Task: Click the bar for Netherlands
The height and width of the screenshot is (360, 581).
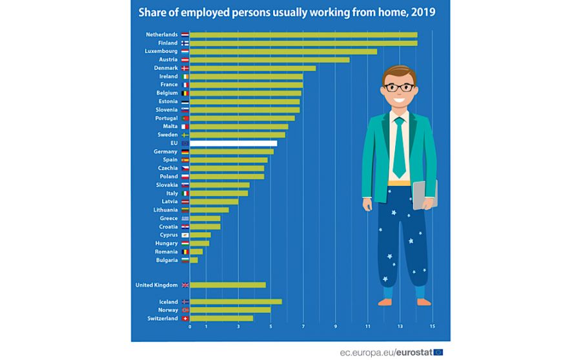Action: tap(303, 35)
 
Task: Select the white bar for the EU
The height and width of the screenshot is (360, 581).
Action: tap(233, 143)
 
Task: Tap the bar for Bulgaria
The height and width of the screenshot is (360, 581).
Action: tap(194, 260)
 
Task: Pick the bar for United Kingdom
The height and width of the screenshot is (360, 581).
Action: tap(228, 285)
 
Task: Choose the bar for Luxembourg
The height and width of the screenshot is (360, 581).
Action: tap(283, 52)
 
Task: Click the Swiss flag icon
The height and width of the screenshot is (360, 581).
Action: tap(185, 318)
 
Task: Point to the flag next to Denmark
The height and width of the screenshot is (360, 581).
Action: tap(185, 68)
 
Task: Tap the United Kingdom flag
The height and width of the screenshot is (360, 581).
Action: tap(185, 285)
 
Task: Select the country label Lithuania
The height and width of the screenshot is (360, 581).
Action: tap(165, 210)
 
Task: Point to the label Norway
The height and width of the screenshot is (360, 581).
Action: tap(168, 310)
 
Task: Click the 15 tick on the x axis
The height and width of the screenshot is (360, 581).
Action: tap(433, 327)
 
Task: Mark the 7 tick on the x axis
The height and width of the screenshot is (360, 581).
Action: tap(303, 327)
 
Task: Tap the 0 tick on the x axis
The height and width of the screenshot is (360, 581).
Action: tap(190, 327)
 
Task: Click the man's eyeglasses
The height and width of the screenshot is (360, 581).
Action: tap(398, 86)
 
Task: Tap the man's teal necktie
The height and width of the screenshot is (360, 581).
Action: tap(400, 148)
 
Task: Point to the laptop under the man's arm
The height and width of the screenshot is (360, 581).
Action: tap(425, 194)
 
